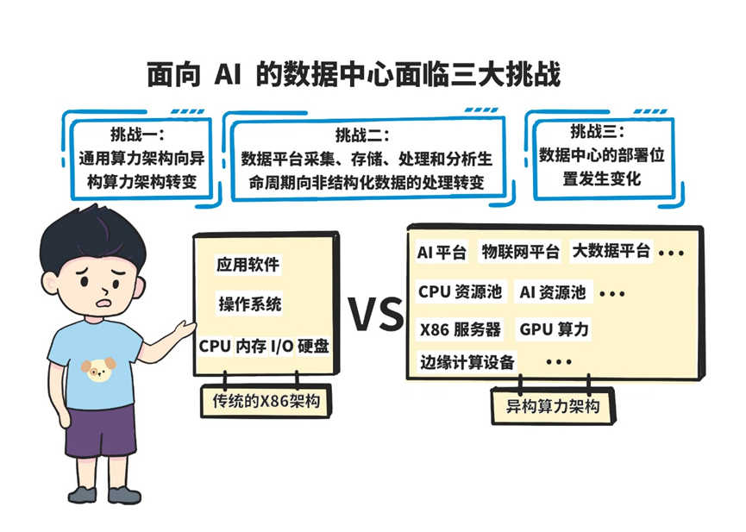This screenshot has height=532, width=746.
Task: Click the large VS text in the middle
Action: click(x=375, y=314)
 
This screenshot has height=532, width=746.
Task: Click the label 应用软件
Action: click(x=248, y=264)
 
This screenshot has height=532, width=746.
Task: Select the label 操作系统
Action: click(x=249, y=304)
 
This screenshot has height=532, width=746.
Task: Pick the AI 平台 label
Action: click(x=442, y=252)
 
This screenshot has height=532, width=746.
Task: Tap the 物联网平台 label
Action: click(x=520, y=252)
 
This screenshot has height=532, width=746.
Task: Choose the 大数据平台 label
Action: click(x=611, y=252)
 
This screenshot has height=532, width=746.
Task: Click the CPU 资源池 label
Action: click(x=460, y=292)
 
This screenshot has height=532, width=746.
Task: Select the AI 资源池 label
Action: click(x=553, y=292)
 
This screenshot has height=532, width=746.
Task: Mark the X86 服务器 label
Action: click(x=460, y=329)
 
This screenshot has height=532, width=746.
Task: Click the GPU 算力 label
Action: click(x=555, y=329)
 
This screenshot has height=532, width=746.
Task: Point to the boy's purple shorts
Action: click(x=101, y=429)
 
